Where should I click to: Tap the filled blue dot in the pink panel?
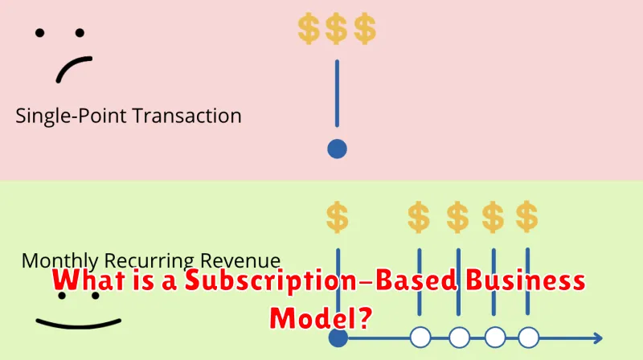coord(337,149)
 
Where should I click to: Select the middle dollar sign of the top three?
coord(336,28)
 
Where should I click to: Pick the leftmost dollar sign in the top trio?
coord(309,28)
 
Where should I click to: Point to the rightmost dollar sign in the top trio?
coord(365,28)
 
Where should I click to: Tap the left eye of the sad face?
coord(39,33)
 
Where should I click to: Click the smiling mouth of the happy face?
coord(78,325)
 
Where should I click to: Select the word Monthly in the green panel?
coord(59,261)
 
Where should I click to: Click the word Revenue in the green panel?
coord(240,261)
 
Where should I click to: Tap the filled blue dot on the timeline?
coord(338,337)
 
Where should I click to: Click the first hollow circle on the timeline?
coord(420,337)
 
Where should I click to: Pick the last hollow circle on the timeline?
coord(529,337)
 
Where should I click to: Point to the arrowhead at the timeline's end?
coord(598,338)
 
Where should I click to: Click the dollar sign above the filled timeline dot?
coord(338,217)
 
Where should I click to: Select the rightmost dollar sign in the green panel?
coord(527,216)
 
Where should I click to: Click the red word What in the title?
coord(88,280)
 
